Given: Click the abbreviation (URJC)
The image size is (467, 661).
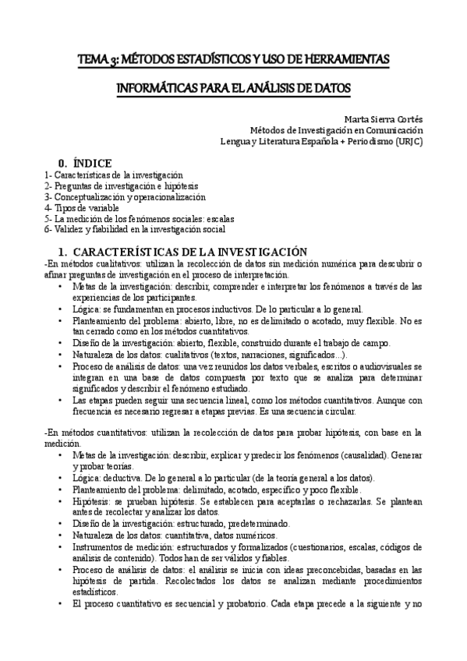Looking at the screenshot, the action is coord(409,142).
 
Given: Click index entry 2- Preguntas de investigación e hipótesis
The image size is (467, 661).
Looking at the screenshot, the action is coord(122,186).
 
